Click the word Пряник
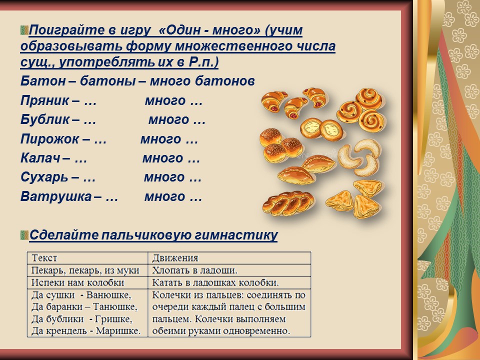click(x=44, y=100)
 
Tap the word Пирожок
click(x=49, y=139)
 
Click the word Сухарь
click(x=44, y=177)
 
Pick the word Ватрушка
click(x=56, y=196)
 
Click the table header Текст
click(x=44, y=258)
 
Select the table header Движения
click(x=175, y=258)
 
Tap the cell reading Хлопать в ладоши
click(x=194, y=270)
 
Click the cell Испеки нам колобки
click(x=78, y=282)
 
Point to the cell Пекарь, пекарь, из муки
click(x=85, y=270)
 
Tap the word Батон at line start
click(x=43, y=81)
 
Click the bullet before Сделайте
click(x=24, y=235)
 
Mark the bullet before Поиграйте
click(x=24, y=30)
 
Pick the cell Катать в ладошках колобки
click(x=215, y=282)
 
